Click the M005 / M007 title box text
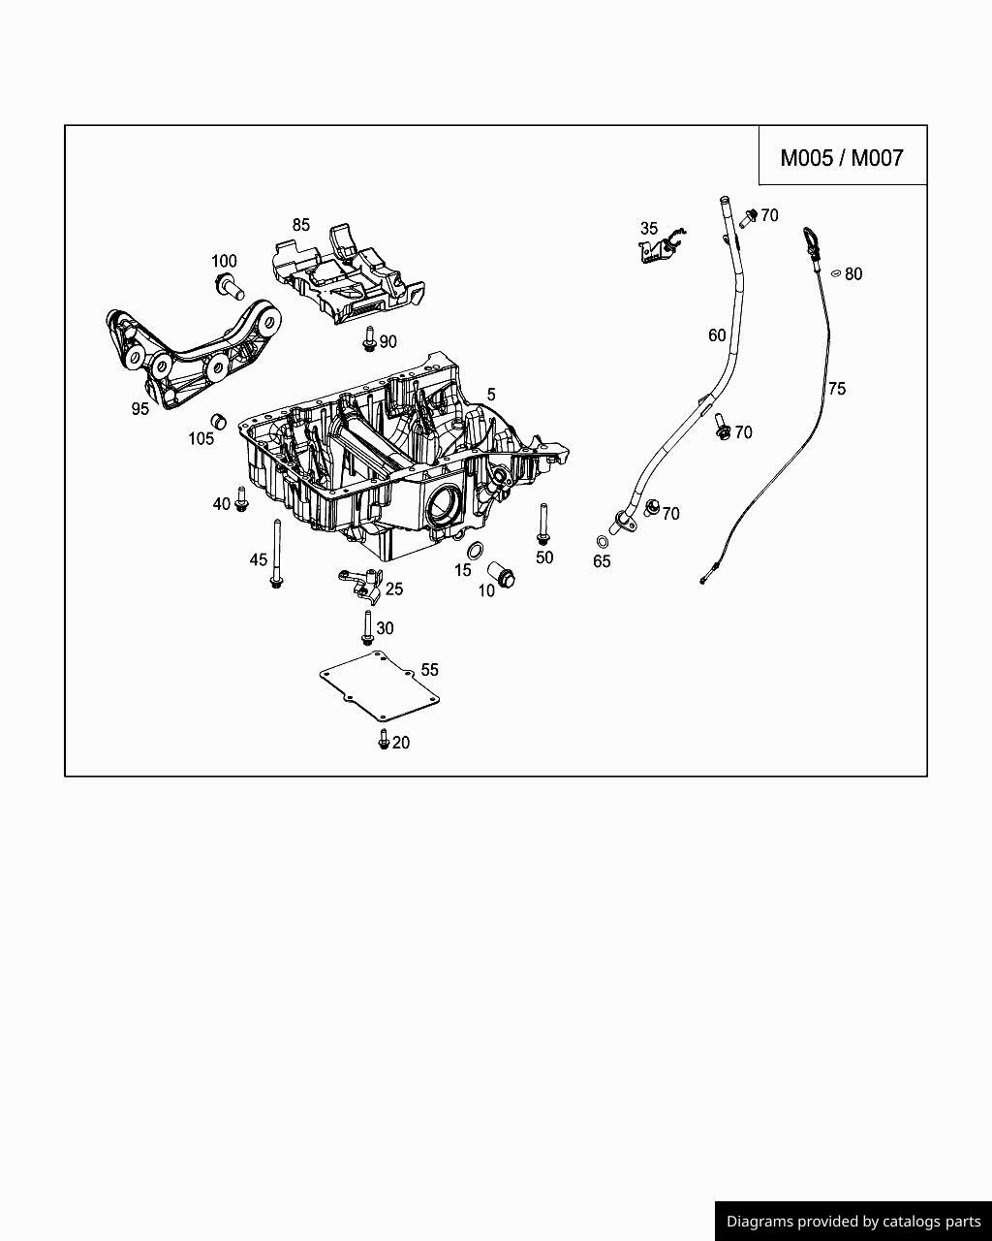(x=842, y=157)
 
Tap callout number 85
(x=301, y=225)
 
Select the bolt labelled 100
(x=227, y=285)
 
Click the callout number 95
(x=140, y=409)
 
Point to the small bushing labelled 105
(x=219, y=421)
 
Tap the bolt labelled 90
(x=369, y=339)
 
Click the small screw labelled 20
(x=384, y=741)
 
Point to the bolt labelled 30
(x=367, y=627)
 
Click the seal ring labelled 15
(x=476, y=552)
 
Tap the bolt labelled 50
(x=542, y=525)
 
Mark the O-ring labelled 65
(x=602, y=542)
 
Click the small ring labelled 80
(x=836, y=274)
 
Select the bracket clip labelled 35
(x=657, y=248)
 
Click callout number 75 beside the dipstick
(x=837, y=389)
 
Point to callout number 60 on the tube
(x=717, y=335)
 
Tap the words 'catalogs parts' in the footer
(x=931, y=1222)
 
